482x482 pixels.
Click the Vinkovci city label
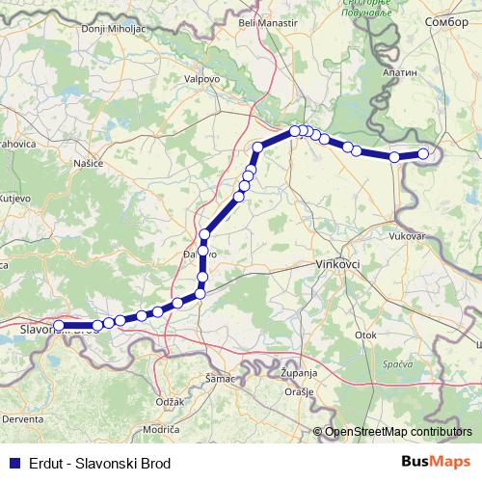click(x=337, y=263)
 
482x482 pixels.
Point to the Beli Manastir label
click(x=266, y=21)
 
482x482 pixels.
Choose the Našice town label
click(x=88, y=164)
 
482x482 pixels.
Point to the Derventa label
click(x=20, y=420)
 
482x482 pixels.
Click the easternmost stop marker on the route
click(x=423, y=153)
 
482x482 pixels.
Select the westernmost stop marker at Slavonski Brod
click(x=58, y=326)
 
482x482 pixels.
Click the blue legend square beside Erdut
click(x=14, y=463)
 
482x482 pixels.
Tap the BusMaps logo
click(x=437, y=462)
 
